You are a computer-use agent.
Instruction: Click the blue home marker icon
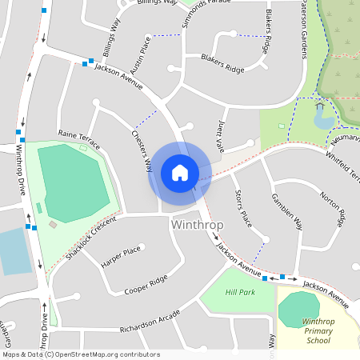coord(179,173)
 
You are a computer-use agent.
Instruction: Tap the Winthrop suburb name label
coord(197,225)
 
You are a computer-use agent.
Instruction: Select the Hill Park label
coord(240,293)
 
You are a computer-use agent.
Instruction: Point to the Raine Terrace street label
coord(78,138)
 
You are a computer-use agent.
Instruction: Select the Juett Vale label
coord(222,133)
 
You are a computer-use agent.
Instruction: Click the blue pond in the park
coord(323,119)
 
